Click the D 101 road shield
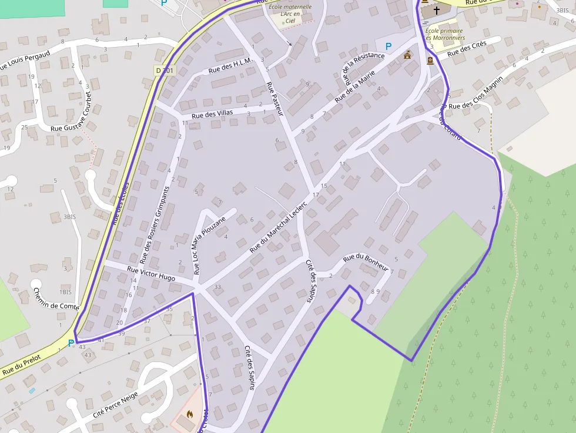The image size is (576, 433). point(166,70)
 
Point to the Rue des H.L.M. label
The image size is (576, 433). point(230,66)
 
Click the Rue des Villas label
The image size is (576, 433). point(212,112)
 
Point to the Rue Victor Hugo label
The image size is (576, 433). point(151,273)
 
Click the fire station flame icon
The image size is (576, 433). point(190,414)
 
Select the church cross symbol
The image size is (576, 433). point(437,10)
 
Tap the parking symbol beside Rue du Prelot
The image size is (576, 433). point(71,343)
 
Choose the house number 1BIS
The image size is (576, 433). point(65,292)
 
